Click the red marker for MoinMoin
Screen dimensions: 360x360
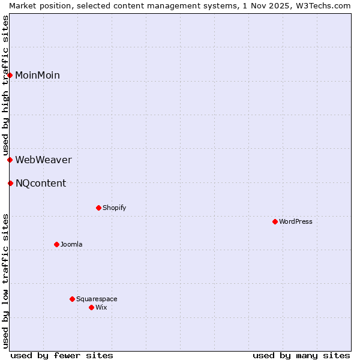(10, 75)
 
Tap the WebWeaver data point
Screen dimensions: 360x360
(10, 160)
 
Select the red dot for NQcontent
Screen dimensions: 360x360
(10, 183)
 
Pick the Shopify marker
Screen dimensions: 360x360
(98, 208)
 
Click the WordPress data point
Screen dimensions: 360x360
(275, 221)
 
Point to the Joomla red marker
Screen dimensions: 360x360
(56, 244)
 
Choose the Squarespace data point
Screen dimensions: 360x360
(72, 299)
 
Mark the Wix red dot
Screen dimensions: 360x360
(91, 307)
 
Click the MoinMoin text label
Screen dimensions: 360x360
(37, 75)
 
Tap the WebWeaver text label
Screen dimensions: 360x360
(43, 160)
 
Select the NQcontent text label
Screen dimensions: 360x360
(41, 183)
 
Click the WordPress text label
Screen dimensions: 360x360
(296, 221)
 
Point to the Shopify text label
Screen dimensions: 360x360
(115, 208)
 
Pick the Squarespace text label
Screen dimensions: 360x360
(97, 299)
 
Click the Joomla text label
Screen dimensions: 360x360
(71, 244)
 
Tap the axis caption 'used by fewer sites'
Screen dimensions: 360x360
(62, 355)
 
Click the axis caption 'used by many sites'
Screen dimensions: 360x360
(301, 355)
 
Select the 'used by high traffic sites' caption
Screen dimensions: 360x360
(5, 85)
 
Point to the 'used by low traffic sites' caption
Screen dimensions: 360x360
(5, 281)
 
